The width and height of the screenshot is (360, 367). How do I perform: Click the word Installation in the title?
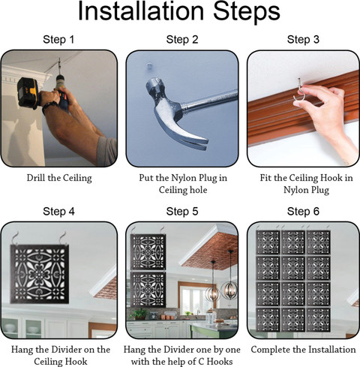[141, 11]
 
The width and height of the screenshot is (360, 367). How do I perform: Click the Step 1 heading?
[58, 40]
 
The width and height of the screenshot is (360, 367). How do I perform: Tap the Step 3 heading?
[303, 40]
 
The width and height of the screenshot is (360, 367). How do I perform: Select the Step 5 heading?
[182, 212]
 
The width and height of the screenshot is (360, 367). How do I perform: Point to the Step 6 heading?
[303, 212]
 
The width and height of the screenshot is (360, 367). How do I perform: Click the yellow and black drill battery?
[28, 93]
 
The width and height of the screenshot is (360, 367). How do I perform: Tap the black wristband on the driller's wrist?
[50, 106]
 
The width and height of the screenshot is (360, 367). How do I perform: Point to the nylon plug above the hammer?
[149, 67]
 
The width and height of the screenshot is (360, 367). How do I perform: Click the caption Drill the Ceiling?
[59, 178]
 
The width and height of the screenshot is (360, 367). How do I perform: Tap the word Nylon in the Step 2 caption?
[184, 178]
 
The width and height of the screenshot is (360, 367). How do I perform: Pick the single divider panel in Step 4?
[39, 274]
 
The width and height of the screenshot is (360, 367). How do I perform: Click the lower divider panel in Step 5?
[148, 290]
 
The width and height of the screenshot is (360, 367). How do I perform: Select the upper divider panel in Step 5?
[148, 252]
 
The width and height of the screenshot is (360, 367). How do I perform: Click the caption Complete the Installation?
[303, 350]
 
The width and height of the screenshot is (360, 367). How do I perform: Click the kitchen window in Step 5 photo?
[193, 299]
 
